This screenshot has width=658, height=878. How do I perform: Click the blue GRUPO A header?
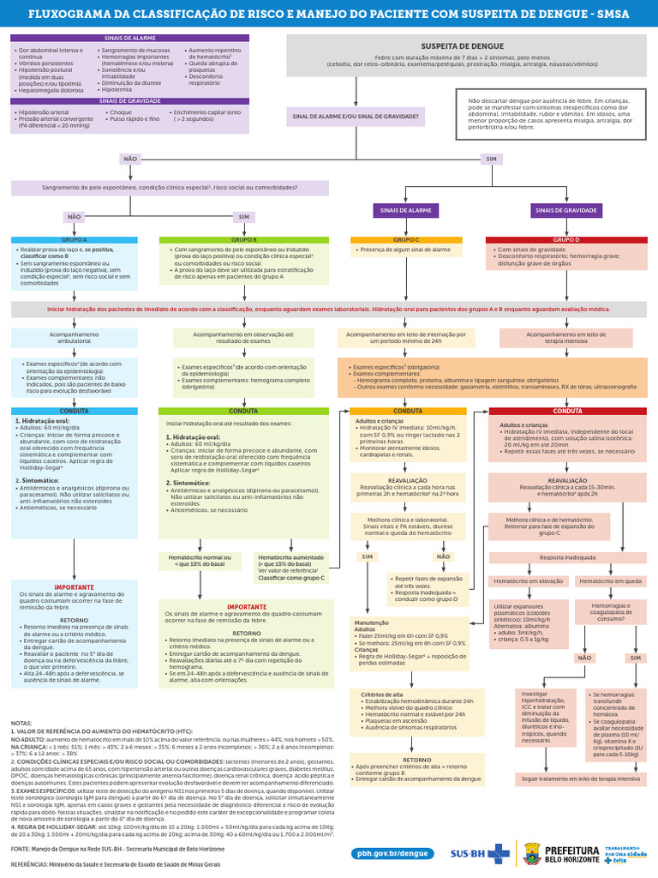click(x=74, y=240)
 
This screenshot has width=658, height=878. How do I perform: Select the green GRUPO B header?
click(x=244, y=240)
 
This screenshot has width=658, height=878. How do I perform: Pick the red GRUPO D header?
click(x=566, y=240)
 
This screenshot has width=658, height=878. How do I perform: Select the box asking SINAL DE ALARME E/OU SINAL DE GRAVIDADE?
click(x=356, y=117)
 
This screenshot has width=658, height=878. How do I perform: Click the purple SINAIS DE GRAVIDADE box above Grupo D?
click(x=566, y=209)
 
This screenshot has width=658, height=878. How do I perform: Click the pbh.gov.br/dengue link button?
click(x=390, y=853)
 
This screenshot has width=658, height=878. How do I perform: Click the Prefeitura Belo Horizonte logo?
click(x=548, y=853)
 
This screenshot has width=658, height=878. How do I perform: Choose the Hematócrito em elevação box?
click(x=527, y=581)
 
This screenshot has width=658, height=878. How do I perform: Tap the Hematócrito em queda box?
click(x=609, y=581)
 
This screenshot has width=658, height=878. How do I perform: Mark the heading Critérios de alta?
click(x=382, y=694)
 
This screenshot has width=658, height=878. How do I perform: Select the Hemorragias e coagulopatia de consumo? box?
click(x=609, y=611)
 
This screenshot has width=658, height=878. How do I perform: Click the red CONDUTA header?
click(x=566, y=411)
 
